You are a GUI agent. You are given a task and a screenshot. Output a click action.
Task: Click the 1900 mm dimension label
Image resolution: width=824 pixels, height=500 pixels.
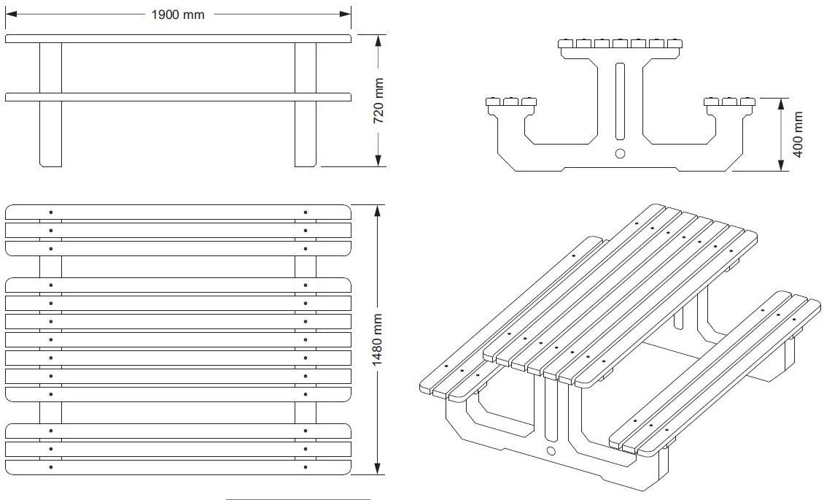point(178,15)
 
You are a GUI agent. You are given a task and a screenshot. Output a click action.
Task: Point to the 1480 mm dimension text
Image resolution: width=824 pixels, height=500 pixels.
point(378,340)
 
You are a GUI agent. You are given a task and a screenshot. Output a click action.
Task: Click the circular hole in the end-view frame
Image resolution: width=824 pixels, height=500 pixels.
point(620,153)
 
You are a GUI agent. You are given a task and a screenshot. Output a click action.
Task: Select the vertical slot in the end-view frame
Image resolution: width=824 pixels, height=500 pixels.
point(620,101)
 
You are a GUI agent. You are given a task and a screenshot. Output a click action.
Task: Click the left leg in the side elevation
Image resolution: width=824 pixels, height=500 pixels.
point(50,131)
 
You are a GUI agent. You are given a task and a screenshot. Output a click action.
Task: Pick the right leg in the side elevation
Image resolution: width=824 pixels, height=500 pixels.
point(306,131)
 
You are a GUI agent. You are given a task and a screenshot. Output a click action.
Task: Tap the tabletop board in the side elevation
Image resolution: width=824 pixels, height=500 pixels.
point(178,38)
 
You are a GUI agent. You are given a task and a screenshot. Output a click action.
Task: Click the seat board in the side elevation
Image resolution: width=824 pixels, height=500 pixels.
point(178,97)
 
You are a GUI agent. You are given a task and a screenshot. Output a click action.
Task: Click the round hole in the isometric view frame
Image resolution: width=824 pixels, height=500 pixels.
point(551,451)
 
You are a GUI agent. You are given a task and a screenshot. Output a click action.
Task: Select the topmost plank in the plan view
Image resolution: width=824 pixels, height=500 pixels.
point(178,212)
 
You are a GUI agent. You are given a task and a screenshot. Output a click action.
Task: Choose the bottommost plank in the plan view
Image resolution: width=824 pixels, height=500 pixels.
point(178,467)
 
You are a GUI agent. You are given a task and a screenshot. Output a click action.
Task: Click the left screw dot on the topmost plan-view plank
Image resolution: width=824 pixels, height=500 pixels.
point(50,212)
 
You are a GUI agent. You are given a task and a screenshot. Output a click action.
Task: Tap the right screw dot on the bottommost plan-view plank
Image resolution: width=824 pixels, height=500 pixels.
point(306,467)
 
